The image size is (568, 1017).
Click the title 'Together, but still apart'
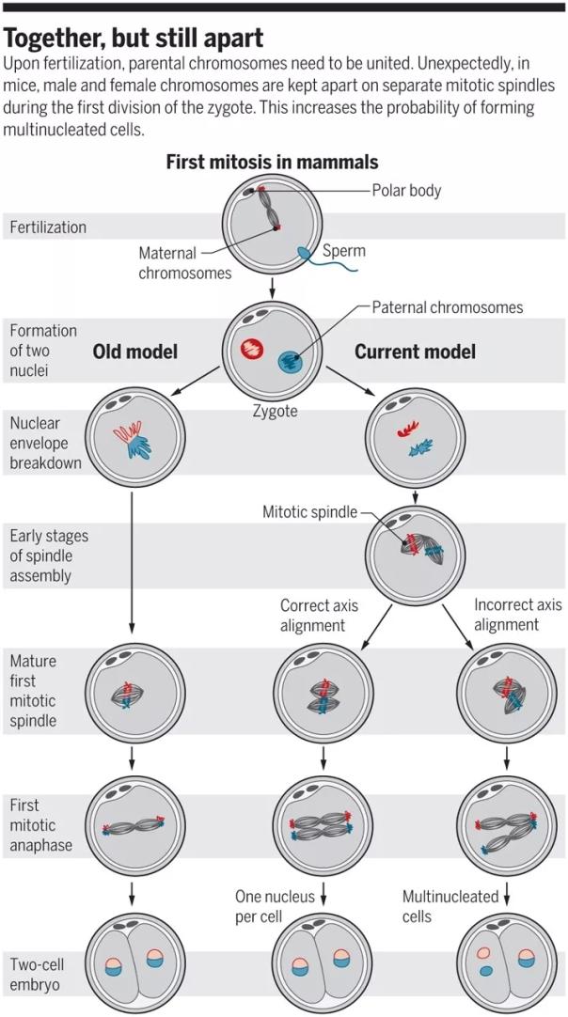pyautogui.click(x=134, y=39)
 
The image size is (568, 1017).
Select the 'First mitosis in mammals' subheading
pyautogui.click(x=272, y=162)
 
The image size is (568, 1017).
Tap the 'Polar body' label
pyautogui.click(x=406, y=190)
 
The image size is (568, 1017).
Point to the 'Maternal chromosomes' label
pyautogui.click(x=185, y=263)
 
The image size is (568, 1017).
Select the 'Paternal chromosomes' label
pyautogui.click(x=448, y=307)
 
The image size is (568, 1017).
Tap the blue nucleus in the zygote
pyautogui.click(x=291, y=362)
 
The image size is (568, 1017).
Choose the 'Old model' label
pyautogui.click(x=135, y=352)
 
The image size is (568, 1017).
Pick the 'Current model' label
pyautogui.click(x=415, y=352)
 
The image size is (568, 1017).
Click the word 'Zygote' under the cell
pyautogui.click(x=275, y=411)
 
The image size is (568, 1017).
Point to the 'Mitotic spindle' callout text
pyautogui.click(x=310, y=512)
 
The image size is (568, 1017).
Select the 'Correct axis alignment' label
pyautogui.click(x=320, y=616)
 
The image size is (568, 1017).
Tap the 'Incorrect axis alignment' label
pyautogui.click(x=517, y=615)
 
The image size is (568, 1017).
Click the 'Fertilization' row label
pyautogui.click(x=48, y=227)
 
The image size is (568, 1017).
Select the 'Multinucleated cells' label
pyautogui.click(x=450, y=906)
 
